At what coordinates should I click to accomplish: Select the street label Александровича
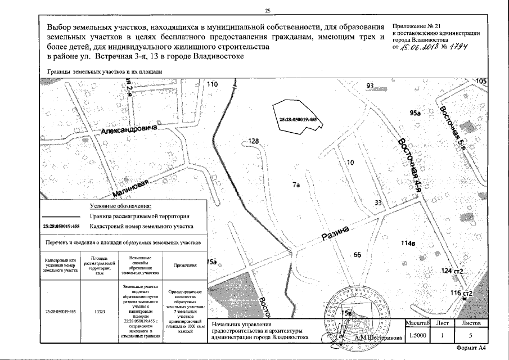point(129,129)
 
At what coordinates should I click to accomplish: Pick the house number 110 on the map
point(211,84)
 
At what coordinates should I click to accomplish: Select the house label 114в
point(408,244)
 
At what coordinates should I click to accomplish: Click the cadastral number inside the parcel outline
point(298,119)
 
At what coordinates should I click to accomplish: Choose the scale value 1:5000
point(417,336)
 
